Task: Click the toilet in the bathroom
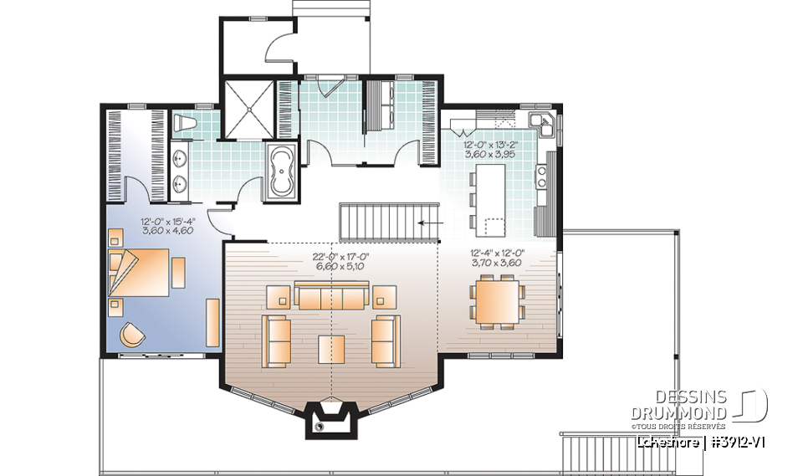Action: pos(185,125)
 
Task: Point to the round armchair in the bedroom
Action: pos(132,335)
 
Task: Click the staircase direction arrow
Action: pos(431,223)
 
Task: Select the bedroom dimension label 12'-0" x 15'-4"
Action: pos(167,227)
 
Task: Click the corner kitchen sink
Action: pos(545,125)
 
